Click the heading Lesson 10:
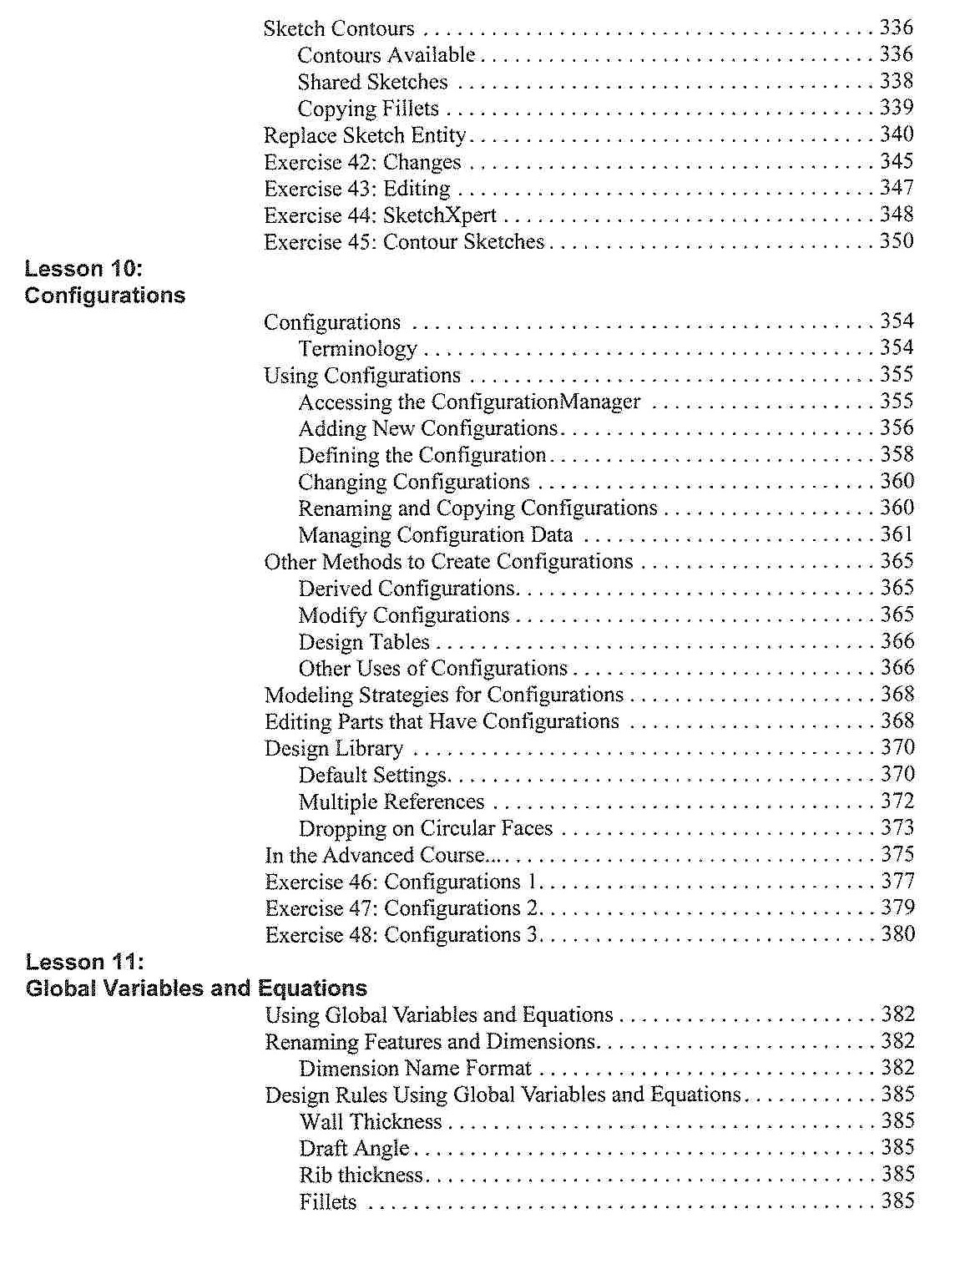pyautogui.click(x=83, y=269)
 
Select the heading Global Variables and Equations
pyautogui.click(x=196, y=988)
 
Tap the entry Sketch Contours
pyautogui.click(x=339, y=29)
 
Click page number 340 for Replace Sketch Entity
pyautogui.click(x=897, y=134)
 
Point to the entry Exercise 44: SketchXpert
pyautogui.click(x=380, y=215)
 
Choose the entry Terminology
pyautogui.click(x=357, y=349)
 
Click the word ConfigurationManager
pyautogui.click(x=535, y=402)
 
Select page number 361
pyautogui.click(x=897, y=534)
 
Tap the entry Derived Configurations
pyautogui.click(x=407, y=589)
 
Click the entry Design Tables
pyautogui.click(x=364, y=642)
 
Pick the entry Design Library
pyautogui.click(x=334, y=748)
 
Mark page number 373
pyautogui.click(x=897, y=828)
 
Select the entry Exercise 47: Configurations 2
pyautogui.click(x=402, y=908)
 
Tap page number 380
pyautogui.click(x=898, y=934)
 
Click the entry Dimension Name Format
pyautogui.click(x=415, y=1069)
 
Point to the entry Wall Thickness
pyautogui.click(x=371, y=1121)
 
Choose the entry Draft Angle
pyautogui.click(x=354, y=1149)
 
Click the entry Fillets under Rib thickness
pyautogui.click(x=328, y=1202)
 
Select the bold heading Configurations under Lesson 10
pyautogui.click(x=105, y=296)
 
